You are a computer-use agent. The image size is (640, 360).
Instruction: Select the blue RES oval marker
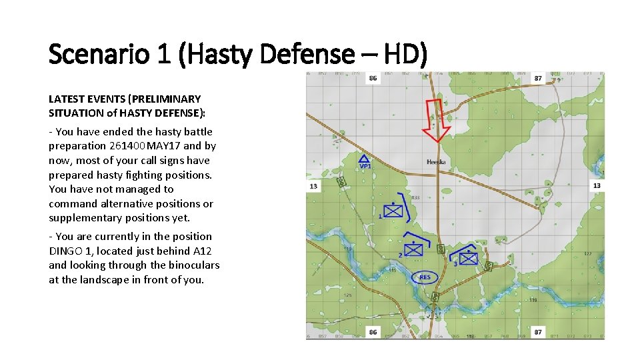coord(425,277)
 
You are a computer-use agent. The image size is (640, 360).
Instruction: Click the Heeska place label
coord(436,162)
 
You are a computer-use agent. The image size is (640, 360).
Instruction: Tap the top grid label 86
coord(372,78)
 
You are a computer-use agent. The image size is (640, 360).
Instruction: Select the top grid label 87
coord(538,78)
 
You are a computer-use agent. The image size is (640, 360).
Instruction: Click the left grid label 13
coord(313,186)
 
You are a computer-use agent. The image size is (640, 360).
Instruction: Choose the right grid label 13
coord(597,185)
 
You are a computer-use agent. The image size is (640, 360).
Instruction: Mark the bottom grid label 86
coord(372,331)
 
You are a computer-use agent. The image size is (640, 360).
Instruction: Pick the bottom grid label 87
coord(538,331)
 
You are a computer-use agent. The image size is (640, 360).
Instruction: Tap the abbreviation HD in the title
coord(401,54)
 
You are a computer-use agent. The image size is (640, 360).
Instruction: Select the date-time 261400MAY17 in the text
coord(145,146)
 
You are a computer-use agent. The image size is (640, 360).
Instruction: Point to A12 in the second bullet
coord(203,251)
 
